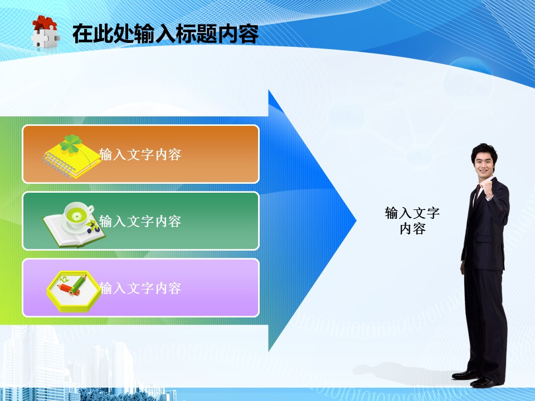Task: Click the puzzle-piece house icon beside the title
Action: click(x=45, y=32)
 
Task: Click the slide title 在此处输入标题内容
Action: click(x=166, y=34)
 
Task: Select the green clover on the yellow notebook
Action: click(x=71, y=144)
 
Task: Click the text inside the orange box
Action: click(x=140, y=154)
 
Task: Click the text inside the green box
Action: click(x=140, y=221)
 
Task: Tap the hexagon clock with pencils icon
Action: click(x=74, y=291)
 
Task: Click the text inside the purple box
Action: click(x=140, y=288)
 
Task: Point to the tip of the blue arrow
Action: click(x=356, y=221)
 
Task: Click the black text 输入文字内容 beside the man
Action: click(x=412, y=221)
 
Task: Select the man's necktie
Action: click(x=476, y=195)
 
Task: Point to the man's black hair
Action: click(x=484, y=152)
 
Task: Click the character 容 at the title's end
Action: click(x=249, y=34)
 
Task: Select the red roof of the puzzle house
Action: click(x=45, y=23)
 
